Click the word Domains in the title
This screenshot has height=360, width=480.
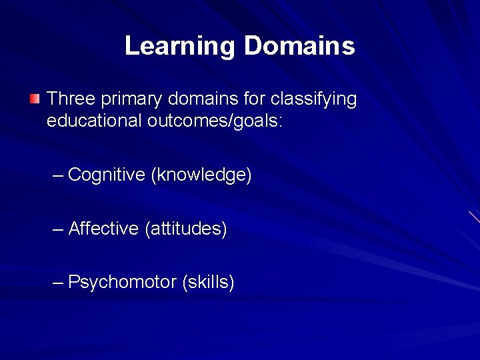pyautogui.click(x=299, y=47)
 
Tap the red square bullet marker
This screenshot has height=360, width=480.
pyautogui.click(x=35, y=100)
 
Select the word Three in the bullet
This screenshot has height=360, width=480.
pyautogui.click(x=71, y=99)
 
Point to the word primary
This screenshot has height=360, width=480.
pyautogui.click(x=132, y=100)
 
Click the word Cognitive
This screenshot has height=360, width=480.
pyautogui.click(x=107, y=175)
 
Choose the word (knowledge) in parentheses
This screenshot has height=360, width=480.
pyautogui.click(x=201, y=175)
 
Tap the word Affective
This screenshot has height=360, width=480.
pyautogui.click(x=103, y=229)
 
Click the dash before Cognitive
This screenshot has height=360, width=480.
pyautogui.click(x=58, y=175)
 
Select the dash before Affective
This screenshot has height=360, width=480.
pyautogui.click(x=58, y=229)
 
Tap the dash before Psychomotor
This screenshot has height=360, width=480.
pyautogui.click(x=58, y=282)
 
